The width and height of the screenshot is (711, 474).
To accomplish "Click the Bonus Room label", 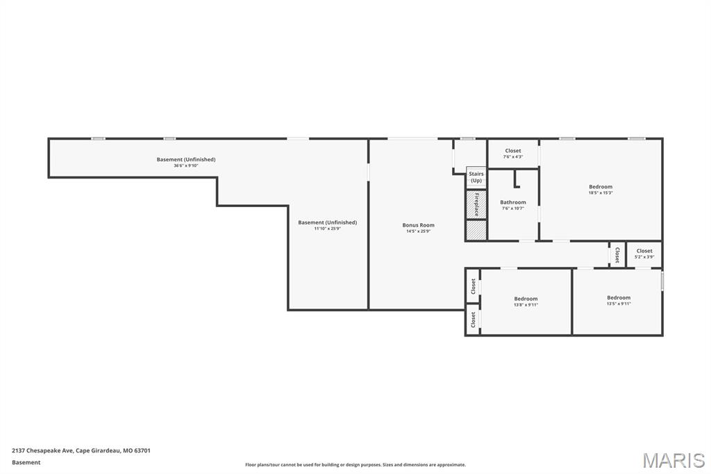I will click(x=418, y=225).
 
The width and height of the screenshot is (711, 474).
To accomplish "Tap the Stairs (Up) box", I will click(x=476, y=177).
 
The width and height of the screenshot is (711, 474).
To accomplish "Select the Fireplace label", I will click(x=476, y=204).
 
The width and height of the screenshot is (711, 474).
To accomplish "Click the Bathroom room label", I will click(x=513, y=202).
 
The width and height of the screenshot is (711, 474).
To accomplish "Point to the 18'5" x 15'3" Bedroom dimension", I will click(x=601, y=193).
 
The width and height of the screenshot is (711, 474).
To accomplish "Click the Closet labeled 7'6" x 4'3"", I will click(x=513, y=151).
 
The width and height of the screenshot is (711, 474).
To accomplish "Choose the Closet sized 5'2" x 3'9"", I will click(x=644, y=251).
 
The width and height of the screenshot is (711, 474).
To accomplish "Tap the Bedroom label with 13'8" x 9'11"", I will click(x=526, y=299).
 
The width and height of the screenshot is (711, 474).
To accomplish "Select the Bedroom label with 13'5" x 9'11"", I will click(x=619, y=297).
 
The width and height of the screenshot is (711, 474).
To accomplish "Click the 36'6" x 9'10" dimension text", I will click(x=186, y=165).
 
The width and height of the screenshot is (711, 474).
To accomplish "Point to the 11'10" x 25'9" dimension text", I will click(x=327, y=229).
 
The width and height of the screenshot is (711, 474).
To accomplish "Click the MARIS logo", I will click(x=674, y=460).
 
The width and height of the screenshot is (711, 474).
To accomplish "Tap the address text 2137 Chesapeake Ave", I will click(x=81, y=450).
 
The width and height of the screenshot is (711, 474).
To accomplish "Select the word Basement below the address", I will click(x=26, y=462).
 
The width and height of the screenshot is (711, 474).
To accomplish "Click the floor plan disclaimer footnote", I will click(x=355, y=465).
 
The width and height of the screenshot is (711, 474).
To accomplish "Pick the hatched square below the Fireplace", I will click(x=476, y=231).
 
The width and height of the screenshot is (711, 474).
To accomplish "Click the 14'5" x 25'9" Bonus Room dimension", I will click(x=418, y=231).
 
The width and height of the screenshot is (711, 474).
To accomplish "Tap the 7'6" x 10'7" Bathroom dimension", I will click(x=513, y=209).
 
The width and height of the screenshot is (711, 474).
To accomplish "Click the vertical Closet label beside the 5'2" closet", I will click(x=617, y=254).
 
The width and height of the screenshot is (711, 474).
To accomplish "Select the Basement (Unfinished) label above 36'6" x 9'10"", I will click(x=186, y=159).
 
